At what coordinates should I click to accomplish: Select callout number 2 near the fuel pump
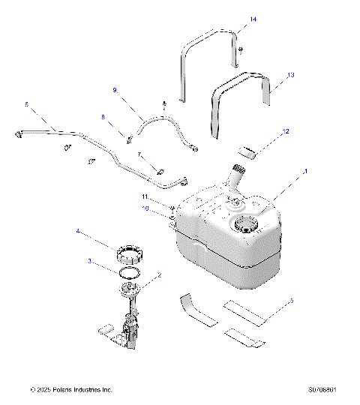(x=158, y=275)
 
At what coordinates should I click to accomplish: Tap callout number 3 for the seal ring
(x=90, y=262)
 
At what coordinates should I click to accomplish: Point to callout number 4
(x=77, y=232)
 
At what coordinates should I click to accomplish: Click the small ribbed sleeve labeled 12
(x=247, y=152)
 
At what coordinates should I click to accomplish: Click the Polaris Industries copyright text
(x=71, y=389)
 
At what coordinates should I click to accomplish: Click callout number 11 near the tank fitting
(x=145, y=196)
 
